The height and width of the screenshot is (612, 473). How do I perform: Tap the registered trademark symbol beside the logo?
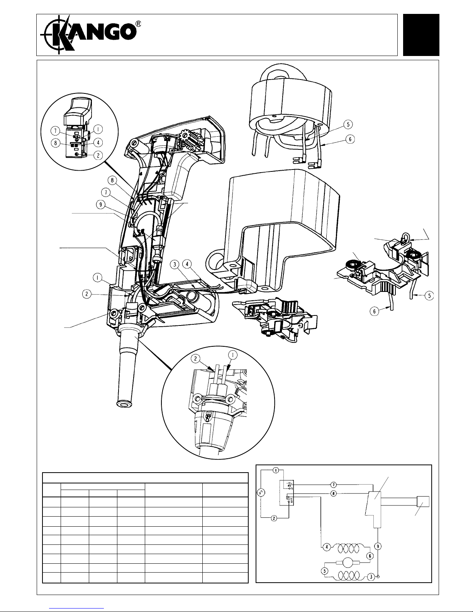(x=138, y=24)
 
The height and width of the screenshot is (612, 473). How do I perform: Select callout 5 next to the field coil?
(x=349, y=125)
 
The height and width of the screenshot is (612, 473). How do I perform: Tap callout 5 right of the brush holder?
(x=429, y=296)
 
